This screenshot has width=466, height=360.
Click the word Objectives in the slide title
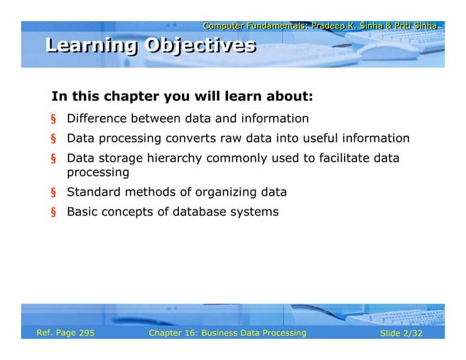(200, 46)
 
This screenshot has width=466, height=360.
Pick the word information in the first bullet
(272, 118)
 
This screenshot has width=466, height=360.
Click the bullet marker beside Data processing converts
(53, 139)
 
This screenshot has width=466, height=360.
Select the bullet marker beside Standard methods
(53, 193)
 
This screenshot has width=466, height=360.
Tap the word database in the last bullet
(200, 212)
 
